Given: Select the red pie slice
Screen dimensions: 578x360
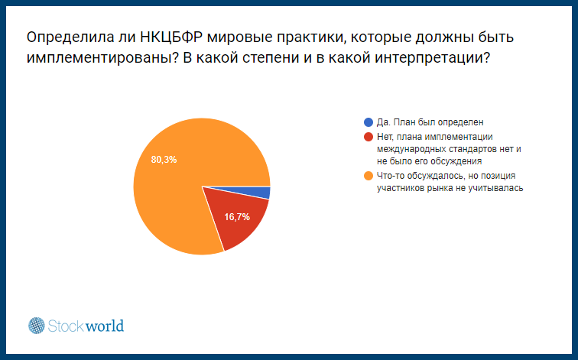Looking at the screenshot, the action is (x=236, y=217).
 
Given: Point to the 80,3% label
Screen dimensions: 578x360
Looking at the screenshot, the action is (x=164, y=160).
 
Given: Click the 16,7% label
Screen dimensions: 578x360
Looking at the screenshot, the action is (x=237, y=217).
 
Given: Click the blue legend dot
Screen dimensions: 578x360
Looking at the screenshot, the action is (x=369, y=122).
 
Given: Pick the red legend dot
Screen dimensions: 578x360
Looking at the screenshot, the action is (x=369, y=137).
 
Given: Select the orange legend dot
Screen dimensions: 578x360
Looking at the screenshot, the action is (x=369, y=176).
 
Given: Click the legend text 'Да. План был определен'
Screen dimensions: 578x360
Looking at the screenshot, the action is (x=430, y=122).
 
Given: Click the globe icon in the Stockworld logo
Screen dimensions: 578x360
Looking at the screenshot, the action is (x=37, y=326).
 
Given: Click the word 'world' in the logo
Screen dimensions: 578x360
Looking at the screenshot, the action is (x=104, y=326).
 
